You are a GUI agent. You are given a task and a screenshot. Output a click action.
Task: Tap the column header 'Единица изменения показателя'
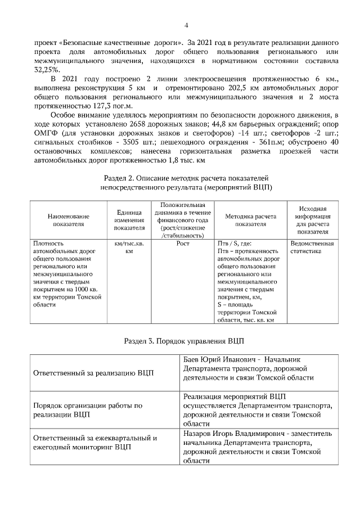pos(129,220)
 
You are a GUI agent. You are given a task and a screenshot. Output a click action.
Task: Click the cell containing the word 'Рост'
pos(183,244)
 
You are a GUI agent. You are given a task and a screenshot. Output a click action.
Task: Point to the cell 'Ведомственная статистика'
pos(312,247)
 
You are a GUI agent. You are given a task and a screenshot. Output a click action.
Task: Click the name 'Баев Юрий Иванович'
pos(218,359)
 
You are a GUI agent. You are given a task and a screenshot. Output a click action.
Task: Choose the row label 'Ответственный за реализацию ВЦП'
pos(93,372)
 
